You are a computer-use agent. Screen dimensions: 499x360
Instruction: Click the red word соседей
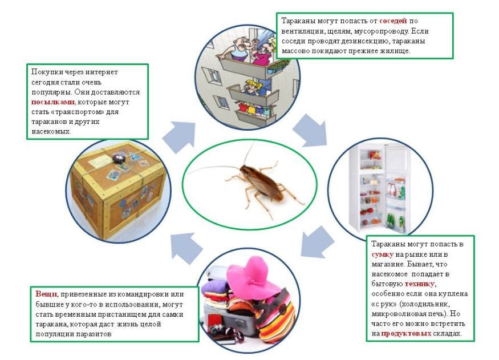click(393, 21)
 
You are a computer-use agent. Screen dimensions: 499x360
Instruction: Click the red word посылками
click(53, 102)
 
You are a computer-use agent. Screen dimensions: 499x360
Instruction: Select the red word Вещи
click(46, 294)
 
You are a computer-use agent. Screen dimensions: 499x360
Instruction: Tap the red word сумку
click(383, 254)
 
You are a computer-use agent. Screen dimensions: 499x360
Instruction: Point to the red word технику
click(420, 284)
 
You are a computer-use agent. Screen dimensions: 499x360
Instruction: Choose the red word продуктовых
click(406, 334)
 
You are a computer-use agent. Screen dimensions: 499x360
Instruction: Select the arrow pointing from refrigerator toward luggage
click(317, 242)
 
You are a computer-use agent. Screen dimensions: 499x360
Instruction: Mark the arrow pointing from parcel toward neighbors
click(180, 136)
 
